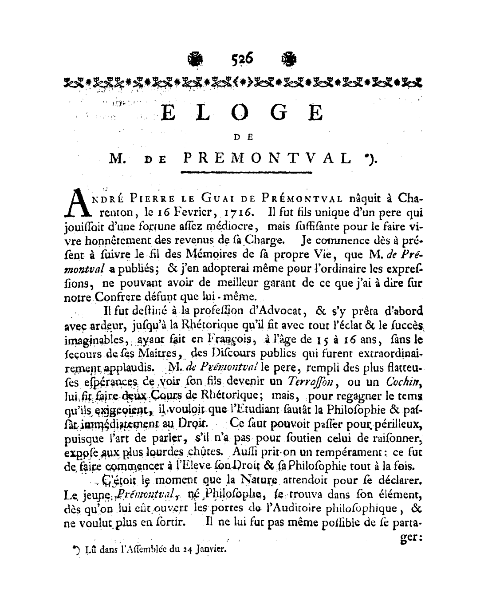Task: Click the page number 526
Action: [242, 59]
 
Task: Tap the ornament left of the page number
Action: [193, 59]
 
